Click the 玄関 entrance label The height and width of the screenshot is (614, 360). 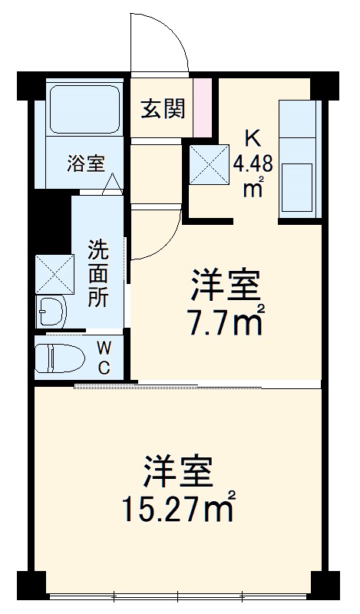pos(163,109)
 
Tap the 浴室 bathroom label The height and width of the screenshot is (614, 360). pos(84,163)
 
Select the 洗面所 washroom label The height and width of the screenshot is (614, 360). pos(97,273)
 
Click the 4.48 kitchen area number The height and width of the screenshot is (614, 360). pos(253,163)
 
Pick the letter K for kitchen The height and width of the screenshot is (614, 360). pos(252,138)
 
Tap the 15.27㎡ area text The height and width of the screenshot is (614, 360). pos(177,507)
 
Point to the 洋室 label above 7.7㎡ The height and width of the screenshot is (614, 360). pos(226,289)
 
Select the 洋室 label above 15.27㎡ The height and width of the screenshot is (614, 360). pos(177,473)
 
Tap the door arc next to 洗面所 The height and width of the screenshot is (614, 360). pos(158,233)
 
